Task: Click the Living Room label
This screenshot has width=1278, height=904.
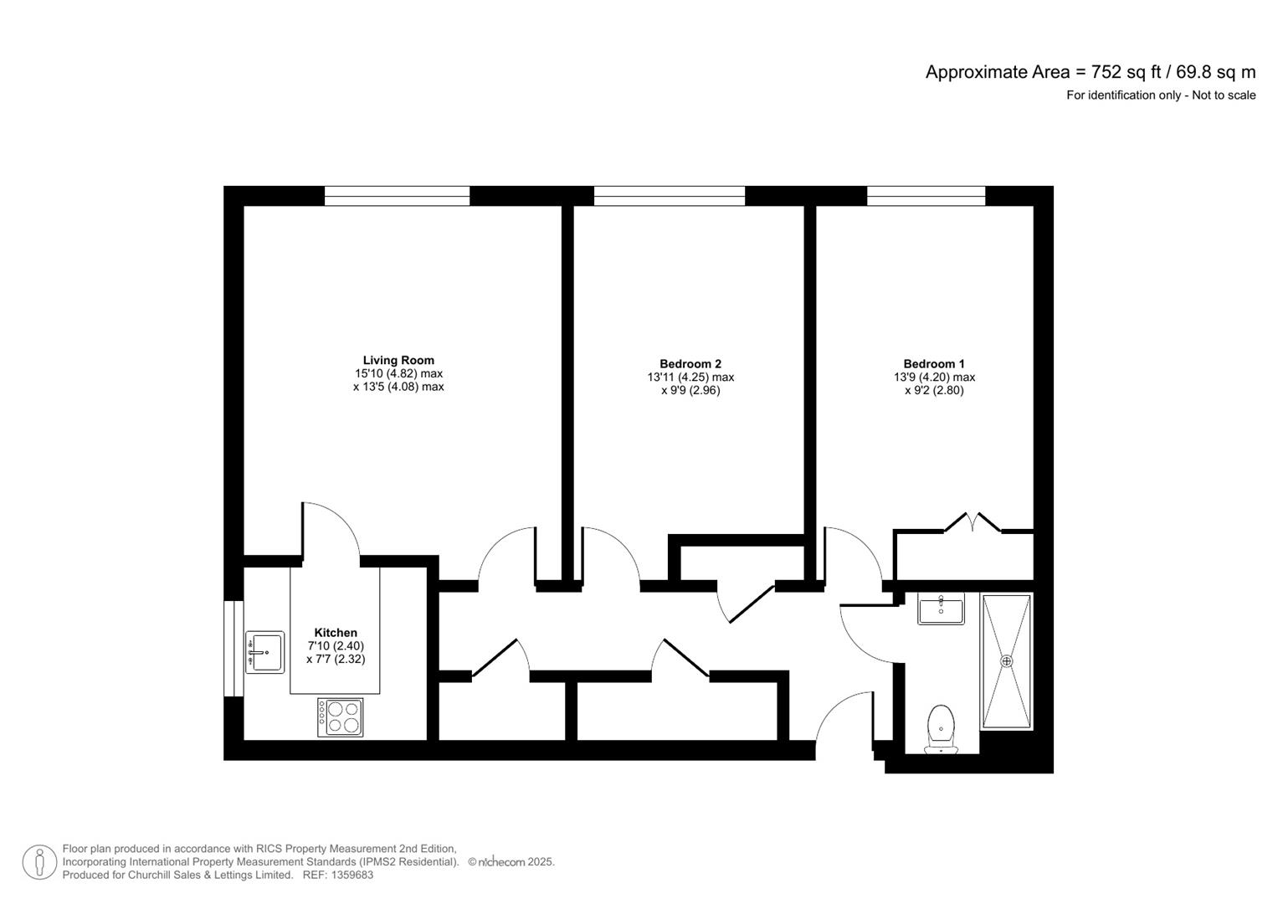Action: pos(398,360)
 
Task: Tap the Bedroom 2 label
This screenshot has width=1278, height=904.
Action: pos(690,363)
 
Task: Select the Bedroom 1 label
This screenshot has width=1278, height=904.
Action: pos(934,363)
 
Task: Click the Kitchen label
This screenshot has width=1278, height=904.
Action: pos(336,633)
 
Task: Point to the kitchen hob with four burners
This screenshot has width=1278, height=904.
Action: pos(341,717)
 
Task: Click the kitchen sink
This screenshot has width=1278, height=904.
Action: pos(264,652)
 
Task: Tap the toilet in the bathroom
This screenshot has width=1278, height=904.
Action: pos(942,727)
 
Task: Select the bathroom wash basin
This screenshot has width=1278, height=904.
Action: pos(941,609)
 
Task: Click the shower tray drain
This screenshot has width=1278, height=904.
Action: pos(1007,661)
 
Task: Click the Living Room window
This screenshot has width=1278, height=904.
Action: pos(398,196)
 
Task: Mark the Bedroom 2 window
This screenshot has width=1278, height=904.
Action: pos(670,196)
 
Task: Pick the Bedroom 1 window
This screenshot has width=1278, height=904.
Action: pos(926,196)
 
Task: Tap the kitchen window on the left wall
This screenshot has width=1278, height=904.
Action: pos(234,648)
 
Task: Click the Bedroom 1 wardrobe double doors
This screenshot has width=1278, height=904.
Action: pos(973,523)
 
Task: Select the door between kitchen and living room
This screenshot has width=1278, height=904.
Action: pos(331,529)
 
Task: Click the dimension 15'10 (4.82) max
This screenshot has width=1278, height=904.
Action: pos(398,373)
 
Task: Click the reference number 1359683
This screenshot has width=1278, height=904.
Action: pos(352,876)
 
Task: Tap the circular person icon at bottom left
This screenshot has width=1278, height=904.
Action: pos(39,862)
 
